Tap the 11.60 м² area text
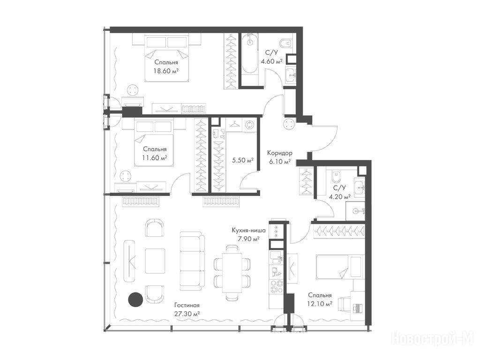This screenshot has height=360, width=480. coord(155,158)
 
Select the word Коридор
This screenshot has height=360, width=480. coord(279,153)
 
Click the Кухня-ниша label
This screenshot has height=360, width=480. coord(248,230)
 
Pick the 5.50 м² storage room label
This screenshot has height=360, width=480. coord(243,160)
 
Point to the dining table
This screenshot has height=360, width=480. coord(232,273)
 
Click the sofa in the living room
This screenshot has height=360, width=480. coord(192,261)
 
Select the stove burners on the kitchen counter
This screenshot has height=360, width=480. coord(277,286)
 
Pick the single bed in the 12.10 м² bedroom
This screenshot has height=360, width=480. coord(340,267)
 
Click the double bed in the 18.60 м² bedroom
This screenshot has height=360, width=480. coord(167,59)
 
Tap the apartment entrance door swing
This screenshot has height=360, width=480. coord(325,138)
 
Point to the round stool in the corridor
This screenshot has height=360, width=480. coord(289,125)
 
